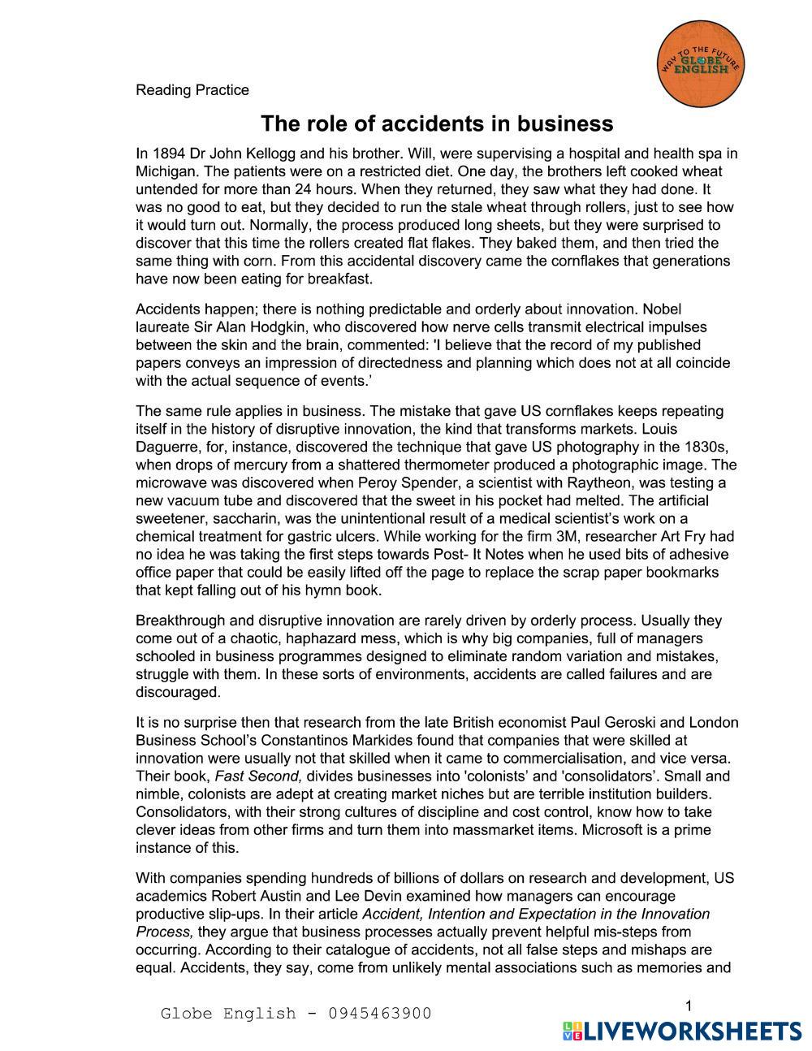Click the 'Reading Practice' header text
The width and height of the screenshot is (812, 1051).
tap(192, 90)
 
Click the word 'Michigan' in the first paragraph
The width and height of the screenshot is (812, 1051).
tap(166, 171)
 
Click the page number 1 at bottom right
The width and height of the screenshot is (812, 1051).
tap(688, 1006)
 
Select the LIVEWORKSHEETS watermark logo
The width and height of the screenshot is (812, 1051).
tap(681, 1031)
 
